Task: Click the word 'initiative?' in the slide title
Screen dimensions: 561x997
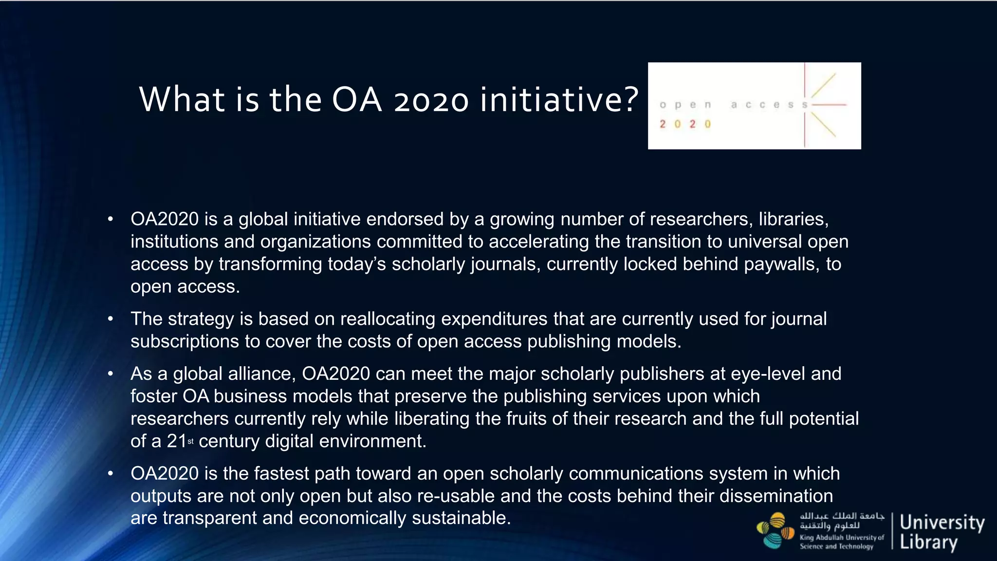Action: [x=559, y=99]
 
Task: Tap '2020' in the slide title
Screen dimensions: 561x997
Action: [x=431, y=100]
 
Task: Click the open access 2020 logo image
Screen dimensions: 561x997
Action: [x=754, y=106]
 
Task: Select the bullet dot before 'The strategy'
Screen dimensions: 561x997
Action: [x=111, y=319]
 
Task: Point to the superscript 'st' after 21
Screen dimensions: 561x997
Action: [x=190, y=441]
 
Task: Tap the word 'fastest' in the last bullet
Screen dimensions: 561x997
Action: [x=285, y=473]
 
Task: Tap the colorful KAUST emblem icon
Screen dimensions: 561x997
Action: [x=775, y=530]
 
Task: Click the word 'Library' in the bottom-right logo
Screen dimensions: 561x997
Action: [x=928, y=542]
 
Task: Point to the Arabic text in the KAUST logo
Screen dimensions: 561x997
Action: [x=842, y=521]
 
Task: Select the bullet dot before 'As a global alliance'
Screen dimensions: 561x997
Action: [x=111, y=374]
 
